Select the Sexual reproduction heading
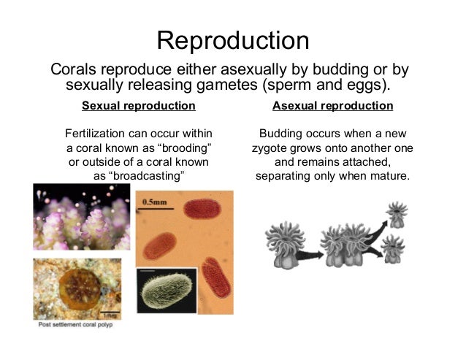point(139,106)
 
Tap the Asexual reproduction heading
point(332,106)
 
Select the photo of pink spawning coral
point(81,218)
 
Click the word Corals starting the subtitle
point(72,70)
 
